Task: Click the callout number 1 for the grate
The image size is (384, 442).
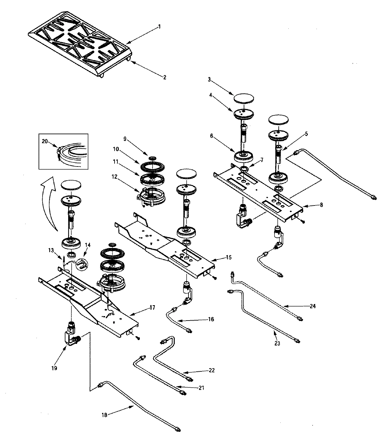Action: click(159, 27)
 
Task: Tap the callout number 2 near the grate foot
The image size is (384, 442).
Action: click(165, 77)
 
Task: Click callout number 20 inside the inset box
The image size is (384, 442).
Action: click(44, 141)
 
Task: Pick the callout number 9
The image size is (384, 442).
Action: click(125, 139)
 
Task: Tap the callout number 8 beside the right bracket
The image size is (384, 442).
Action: click(321, 205)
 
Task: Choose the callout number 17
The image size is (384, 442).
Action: click(152, 307)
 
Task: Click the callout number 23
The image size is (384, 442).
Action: click(277, 344)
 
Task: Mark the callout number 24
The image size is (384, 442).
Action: click(312, 306)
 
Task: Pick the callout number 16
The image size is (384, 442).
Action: click(211, 319)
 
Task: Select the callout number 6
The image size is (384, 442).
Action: click(220, 136)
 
